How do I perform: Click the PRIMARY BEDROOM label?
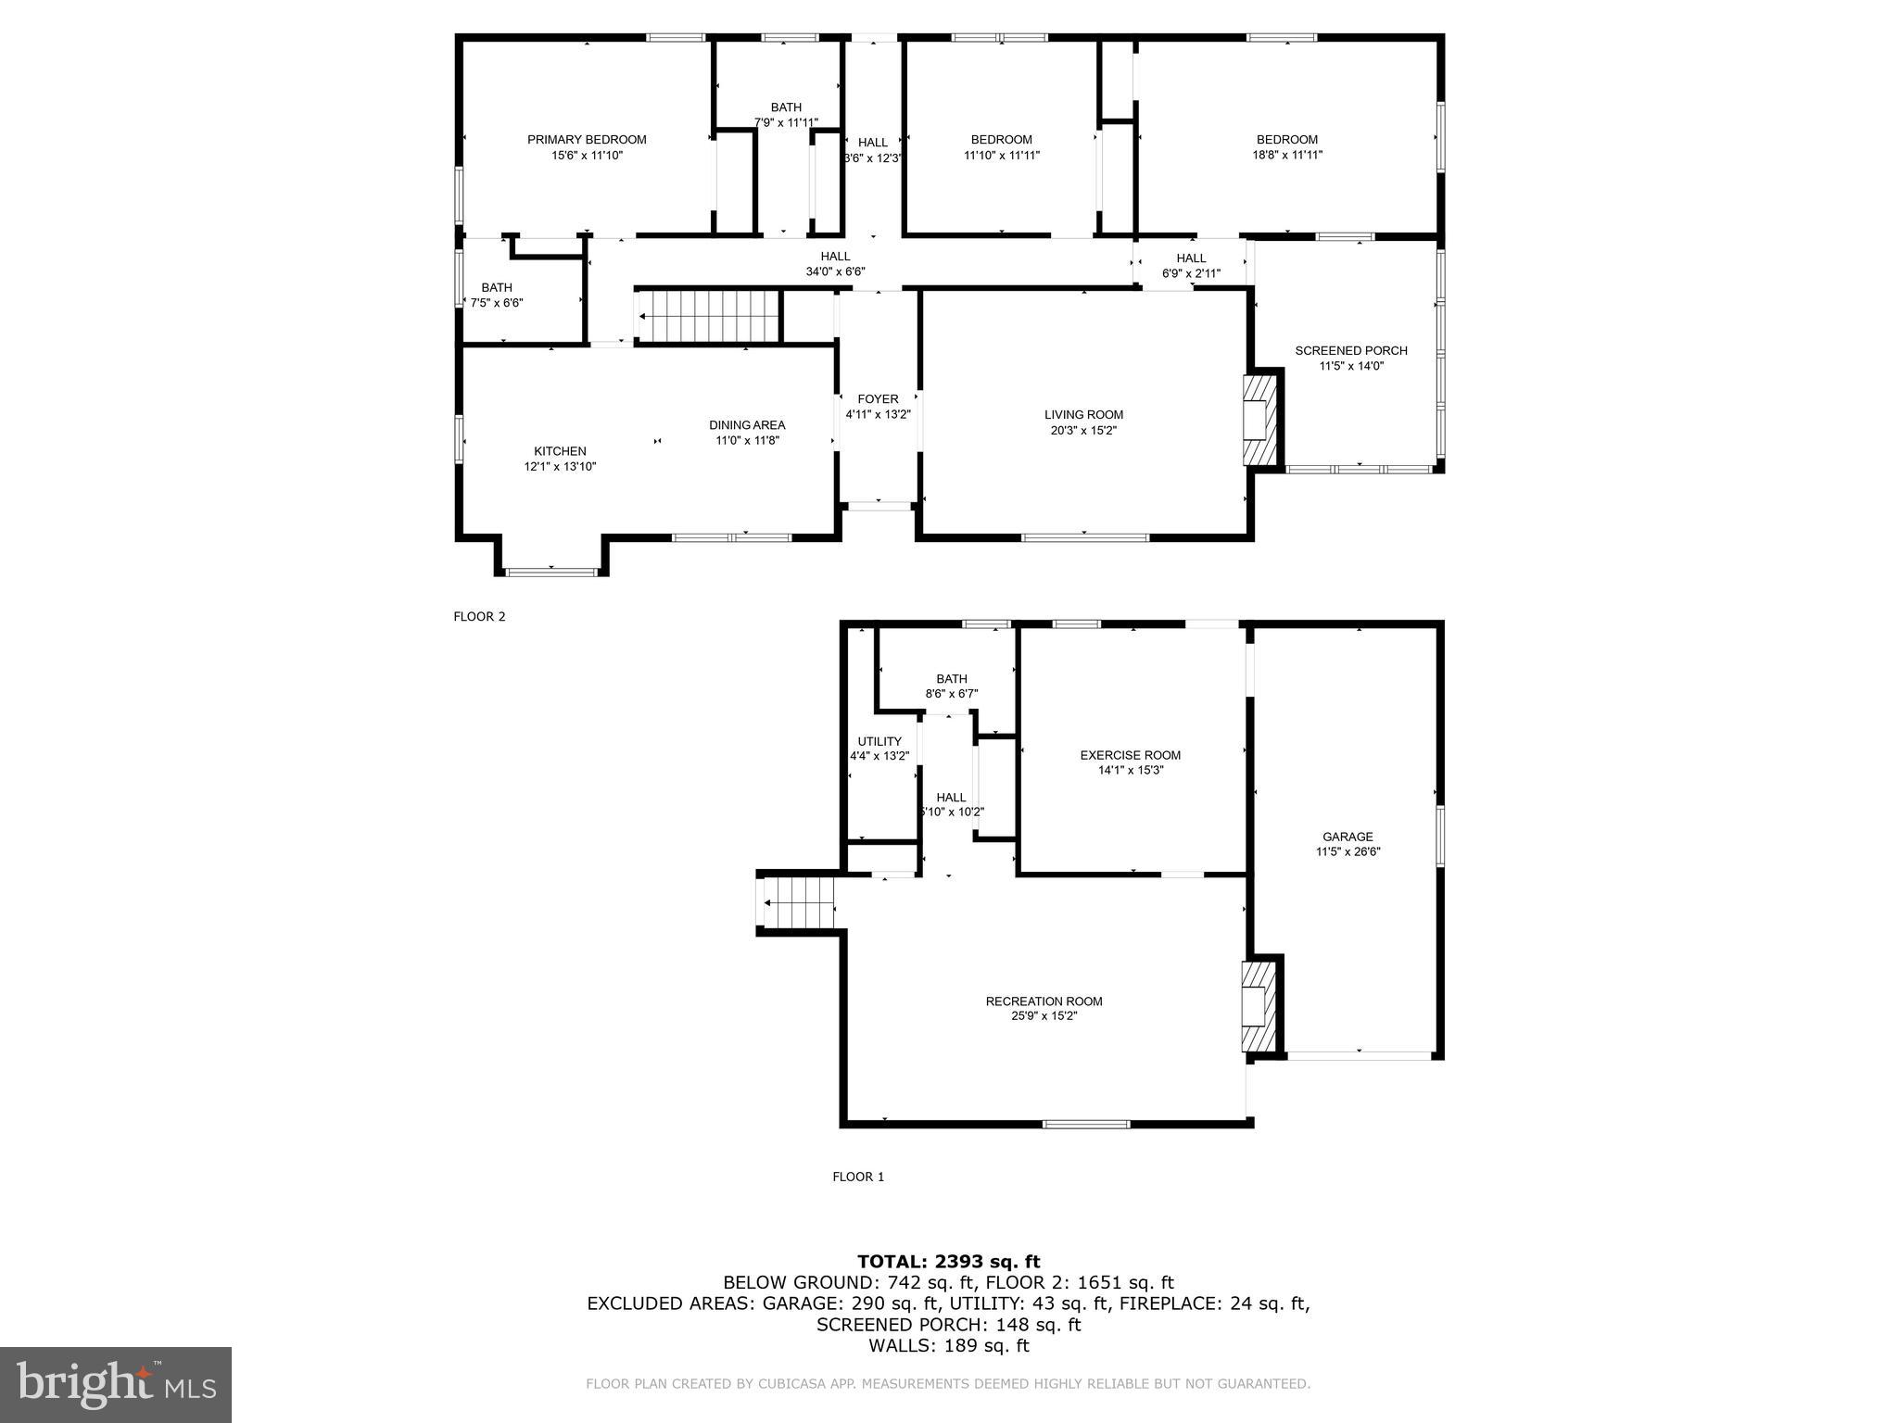point(587,140)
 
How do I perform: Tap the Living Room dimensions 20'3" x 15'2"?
point(1083,431)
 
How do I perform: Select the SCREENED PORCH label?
point(1350,351)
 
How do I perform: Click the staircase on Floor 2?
point(710,316)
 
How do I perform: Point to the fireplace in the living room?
point(1259,420)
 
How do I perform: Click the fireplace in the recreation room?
point(1259,1006)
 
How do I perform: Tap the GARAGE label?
point(1348,837)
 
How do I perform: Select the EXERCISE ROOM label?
point(1130,755)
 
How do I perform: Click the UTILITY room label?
point(879,741)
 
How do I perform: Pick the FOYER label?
point(878,399)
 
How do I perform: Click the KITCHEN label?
point(560,451)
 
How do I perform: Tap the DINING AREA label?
point(747,425)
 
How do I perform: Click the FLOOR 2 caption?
point(479,617)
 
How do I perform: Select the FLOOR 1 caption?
point(858,1177)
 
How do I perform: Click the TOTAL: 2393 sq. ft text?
point(948,1261)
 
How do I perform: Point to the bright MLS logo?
point(116,1385)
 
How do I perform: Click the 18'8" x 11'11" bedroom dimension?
point(1286,156)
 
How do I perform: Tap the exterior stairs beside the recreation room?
point(797,903)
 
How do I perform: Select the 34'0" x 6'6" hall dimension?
point(835,272)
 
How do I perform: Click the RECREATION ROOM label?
point(1044,1001)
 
